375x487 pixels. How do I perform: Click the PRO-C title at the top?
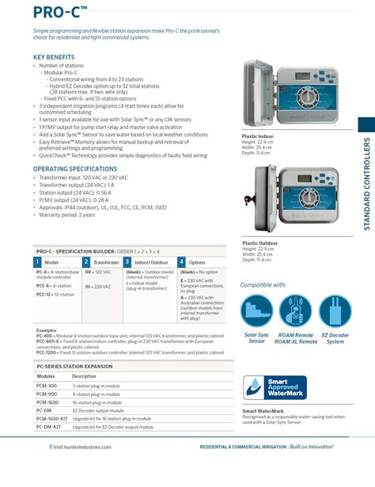point(38,11)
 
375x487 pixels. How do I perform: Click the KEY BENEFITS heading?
point(54,57)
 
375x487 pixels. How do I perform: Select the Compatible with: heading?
point(263,284)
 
